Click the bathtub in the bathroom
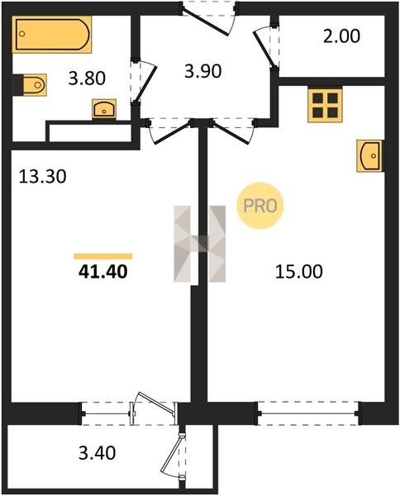click(x=52, y=34)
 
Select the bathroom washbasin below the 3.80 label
click(x=104, y=109)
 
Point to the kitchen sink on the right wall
click(x=369, y=156)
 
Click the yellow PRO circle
click(x=260, y=206)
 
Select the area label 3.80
click(x=87, y=79)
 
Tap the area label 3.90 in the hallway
click(x=203, y=71)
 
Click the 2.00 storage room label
click(x=341, y=36)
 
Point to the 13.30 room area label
click(x=43, y=177)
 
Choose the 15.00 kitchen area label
click(x=299, y=272)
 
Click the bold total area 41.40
click(x=103, y=271)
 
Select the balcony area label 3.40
click(x=98, y=453)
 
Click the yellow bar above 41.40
click(x=103, y=256)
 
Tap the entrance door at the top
click(x=206, y=21)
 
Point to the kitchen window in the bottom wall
click(x=308, y=413)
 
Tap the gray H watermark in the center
click(x=200, y=244)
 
